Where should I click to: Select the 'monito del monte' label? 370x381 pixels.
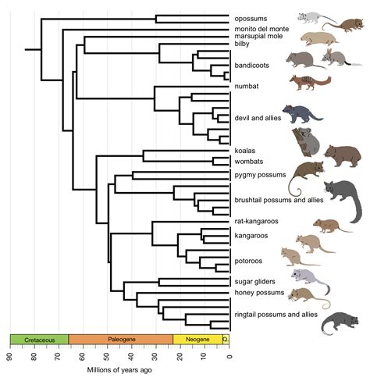pyautogui.click(x=261, y=29)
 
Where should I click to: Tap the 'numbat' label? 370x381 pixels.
pyautogui.click(x=247, y=85)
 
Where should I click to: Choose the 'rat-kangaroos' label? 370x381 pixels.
pyautogui.click(x=254, y=222)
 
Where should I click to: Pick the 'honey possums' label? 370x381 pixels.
pyautogui.click(x=254, y=292)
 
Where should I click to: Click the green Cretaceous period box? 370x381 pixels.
pyautogui.click(x=39, y=340)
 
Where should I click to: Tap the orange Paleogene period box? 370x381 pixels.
pyautogui.click(x=120, y=340)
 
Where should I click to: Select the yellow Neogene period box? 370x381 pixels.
pyautogui.click(x=197, y=340)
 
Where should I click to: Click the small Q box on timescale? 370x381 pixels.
pyautogui.click(x=226, y=340)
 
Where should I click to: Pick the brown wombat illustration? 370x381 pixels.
pyautogui.click(x=342, y=155)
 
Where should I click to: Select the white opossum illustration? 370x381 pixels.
pyautogui.click(x=315, y=18)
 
